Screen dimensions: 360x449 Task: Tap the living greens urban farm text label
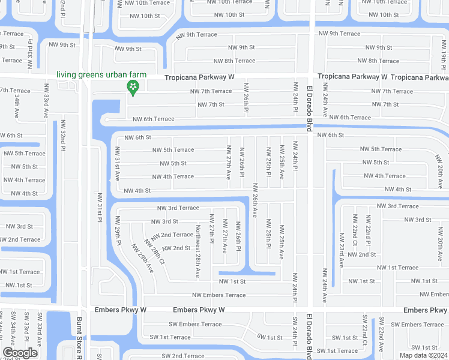coord(101,74)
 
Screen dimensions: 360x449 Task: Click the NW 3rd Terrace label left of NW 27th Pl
coord(178,208)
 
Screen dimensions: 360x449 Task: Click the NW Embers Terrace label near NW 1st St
coord(218,295)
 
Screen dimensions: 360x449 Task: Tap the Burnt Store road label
coord(79,338)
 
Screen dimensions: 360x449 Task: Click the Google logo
coord(20,353)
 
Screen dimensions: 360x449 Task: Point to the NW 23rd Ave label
coord(342,251)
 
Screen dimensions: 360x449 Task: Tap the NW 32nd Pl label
coord(62,133)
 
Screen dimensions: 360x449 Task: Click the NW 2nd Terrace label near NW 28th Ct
coord(172,235)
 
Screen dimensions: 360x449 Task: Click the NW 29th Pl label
coord(118,230)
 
